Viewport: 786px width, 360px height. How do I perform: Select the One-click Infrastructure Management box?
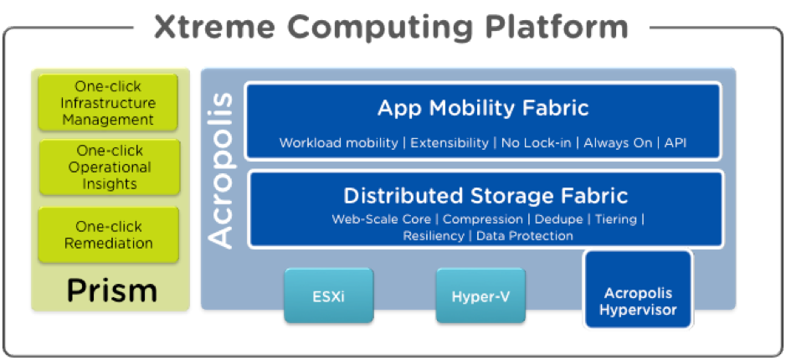[108, 103]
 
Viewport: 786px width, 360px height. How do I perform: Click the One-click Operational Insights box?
[110, 167]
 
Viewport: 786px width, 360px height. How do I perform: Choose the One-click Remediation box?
[109, 234]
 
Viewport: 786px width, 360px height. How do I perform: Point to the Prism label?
[112, 291]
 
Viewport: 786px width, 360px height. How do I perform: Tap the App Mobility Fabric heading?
[483, 108]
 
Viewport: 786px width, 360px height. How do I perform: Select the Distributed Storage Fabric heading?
[485, 196]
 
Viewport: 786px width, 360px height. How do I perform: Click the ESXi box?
[329, 296]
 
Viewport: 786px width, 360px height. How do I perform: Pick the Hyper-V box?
[480, 296]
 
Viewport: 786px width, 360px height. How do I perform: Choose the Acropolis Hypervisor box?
[638, 290]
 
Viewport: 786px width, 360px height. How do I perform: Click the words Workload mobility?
[338, 143]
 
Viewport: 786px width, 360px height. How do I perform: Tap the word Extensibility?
[450, 143]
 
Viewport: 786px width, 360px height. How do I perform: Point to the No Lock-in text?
[536, 143]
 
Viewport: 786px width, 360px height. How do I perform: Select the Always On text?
[618, 143]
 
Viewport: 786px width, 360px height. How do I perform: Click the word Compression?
[483, 219]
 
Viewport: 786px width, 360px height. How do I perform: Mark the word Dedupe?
[559, 219]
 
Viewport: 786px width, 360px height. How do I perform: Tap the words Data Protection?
[524, 235]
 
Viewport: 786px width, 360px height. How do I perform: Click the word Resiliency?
[434, 235]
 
